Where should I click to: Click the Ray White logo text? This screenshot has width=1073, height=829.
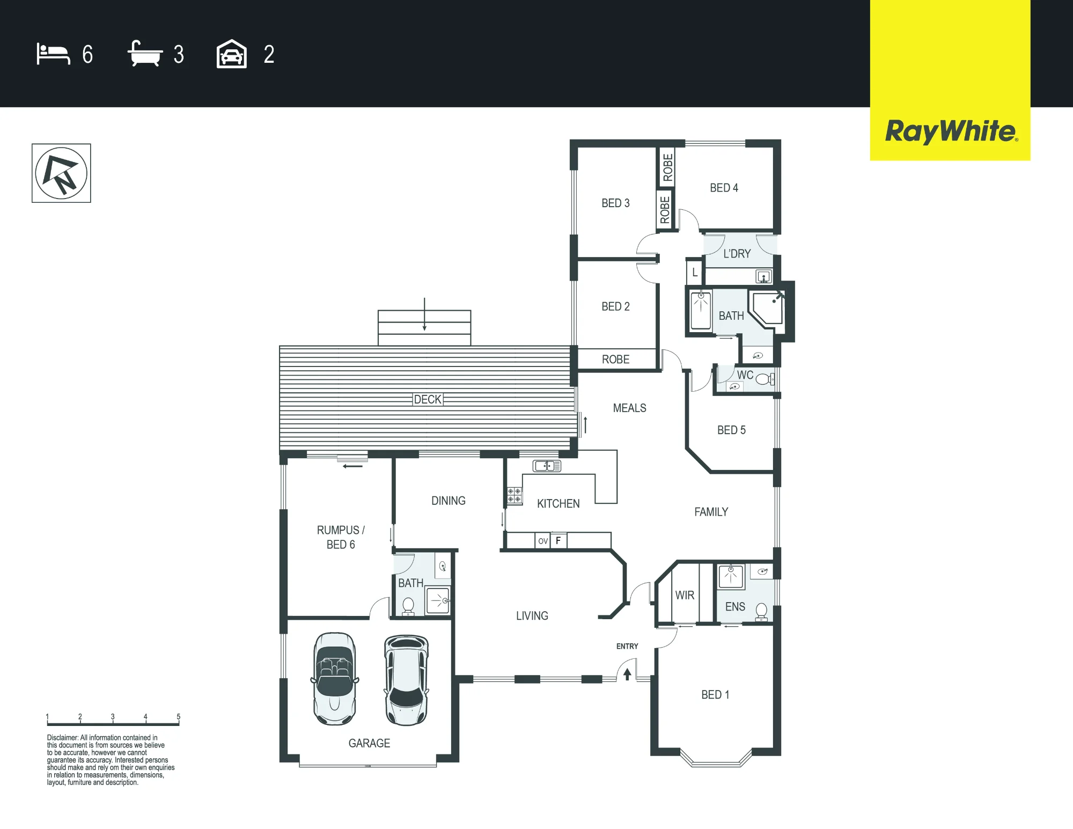click(x=951, y=131)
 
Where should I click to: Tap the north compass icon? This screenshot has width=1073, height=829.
click(x=61, y=173)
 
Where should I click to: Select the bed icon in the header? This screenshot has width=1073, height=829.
click(x=53, y=54)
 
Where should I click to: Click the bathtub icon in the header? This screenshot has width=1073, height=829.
click(x=145, y=54)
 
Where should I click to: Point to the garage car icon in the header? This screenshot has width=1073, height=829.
click(x=232, y=54)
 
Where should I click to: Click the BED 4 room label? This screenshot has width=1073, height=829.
click(x=724, y=188)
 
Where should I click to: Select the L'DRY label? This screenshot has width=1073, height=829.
click(x=737, y=254)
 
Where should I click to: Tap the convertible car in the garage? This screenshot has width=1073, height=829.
click(x=335, y=679)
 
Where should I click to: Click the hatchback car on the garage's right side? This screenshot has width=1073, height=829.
click(x=407, y=680)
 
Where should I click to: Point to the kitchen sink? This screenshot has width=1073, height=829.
click(x=547, y=466)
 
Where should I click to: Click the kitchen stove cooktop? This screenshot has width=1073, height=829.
click(x=514, y=495)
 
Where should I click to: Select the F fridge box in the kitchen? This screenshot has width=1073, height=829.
click(x=558, y=541)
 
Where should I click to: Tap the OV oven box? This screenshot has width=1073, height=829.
click(x=543, y=541)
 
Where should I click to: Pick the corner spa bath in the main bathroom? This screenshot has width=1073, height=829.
click(x=767, y=309)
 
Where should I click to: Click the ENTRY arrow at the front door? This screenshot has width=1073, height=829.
click(x=627, y=674)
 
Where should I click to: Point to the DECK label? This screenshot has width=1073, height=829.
click(x=428, y=399)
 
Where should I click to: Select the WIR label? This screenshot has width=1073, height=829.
click(x=685, y=595)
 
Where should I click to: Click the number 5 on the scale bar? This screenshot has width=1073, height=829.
click(x=179, y=717)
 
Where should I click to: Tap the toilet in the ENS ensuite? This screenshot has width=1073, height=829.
click(x=761, y=612)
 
